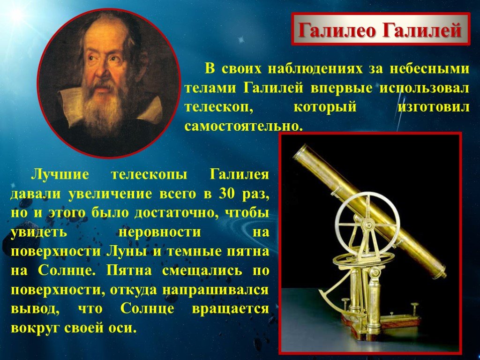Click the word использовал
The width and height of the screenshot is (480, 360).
tap(424, 88)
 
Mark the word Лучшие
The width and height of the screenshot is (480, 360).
tap(60, 174)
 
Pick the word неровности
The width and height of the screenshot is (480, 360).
tap(160, 232)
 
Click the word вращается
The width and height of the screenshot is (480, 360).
tap(231, 308)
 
